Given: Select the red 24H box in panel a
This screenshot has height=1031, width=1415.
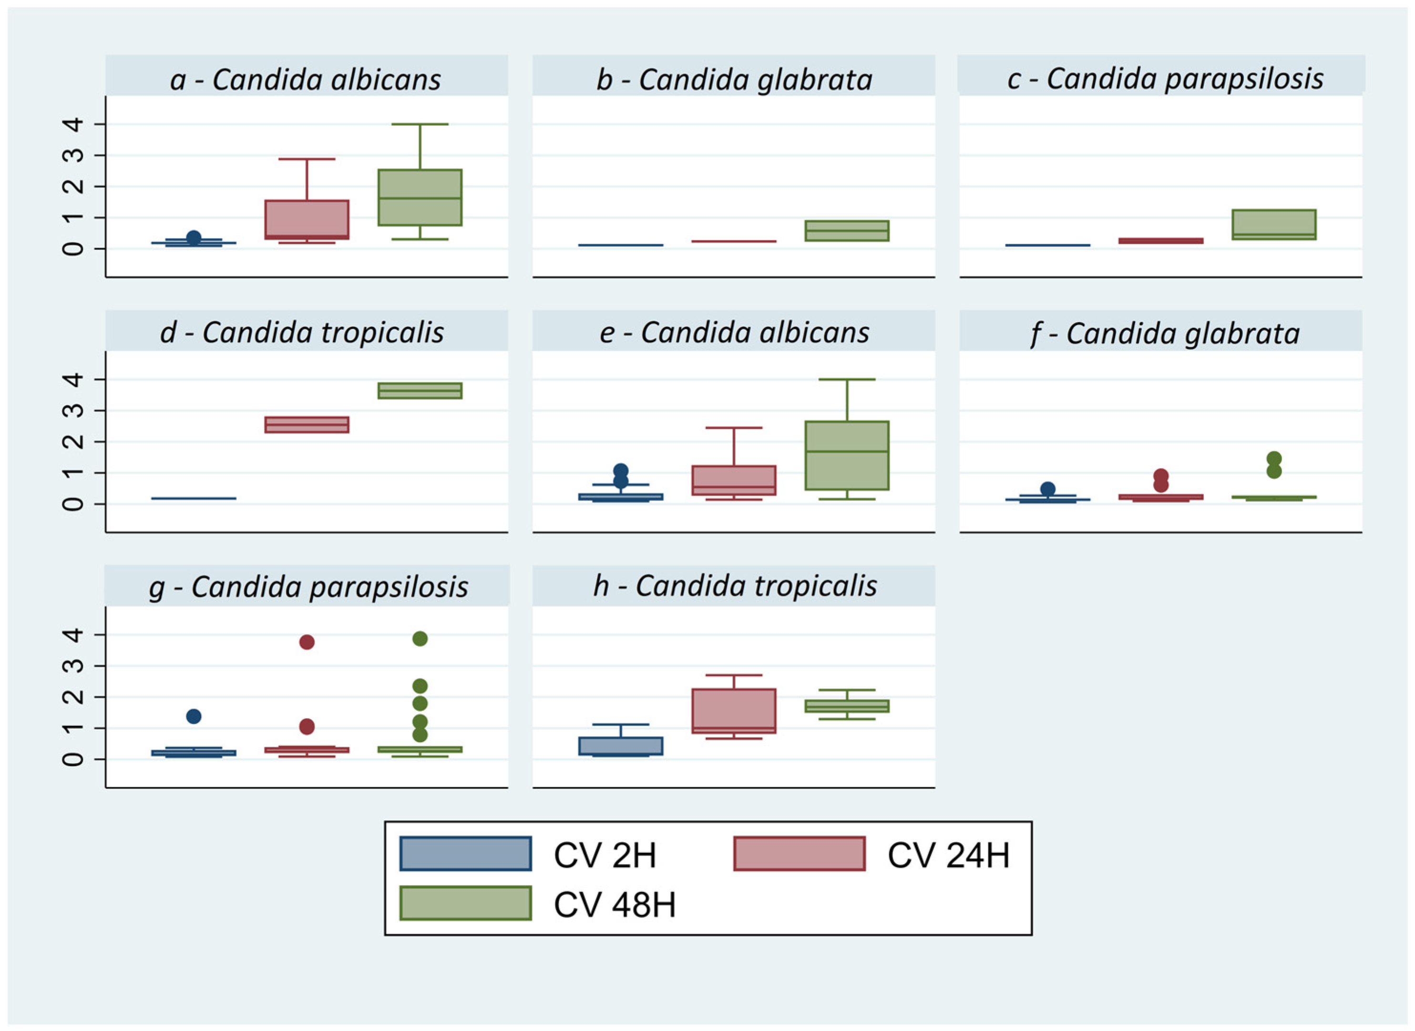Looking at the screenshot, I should coord(307,219).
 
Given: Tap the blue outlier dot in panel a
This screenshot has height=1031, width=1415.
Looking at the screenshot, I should coord(194,238).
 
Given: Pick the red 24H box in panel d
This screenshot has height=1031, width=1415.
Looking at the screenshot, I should coord(307,424).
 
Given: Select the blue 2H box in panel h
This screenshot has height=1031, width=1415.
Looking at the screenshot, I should coord(620,746).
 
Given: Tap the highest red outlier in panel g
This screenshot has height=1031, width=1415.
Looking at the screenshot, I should coord(307,642).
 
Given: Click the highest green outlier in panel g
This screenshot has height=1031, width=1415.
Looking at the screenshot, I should coord(420,638).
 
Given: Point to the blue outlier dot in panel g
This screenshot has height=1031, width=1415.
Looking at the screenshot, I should coord(194,716).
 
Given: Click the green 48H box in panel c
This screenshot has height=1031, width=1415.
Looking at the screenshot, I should coord(1273,225).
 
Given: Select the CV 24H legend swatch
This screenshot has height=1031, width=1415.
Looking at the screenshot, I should coord(799,854).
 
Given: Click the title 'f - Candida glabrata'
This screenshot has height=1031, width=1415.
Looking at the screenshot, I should coord(1165,333).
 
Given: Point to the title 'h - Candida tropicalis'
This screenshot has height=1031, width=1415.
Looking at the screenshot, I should coord(735,586).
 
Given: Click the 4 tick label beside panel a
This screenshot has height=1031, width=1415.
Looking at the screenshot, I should coord(73,124).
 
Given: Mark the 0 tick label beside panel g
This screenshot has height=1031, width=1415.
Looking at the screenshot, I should coord(73,759).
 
